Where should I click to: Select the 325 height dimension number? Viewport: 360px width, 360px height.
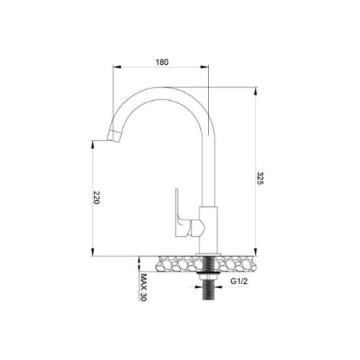coord(261,180)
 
